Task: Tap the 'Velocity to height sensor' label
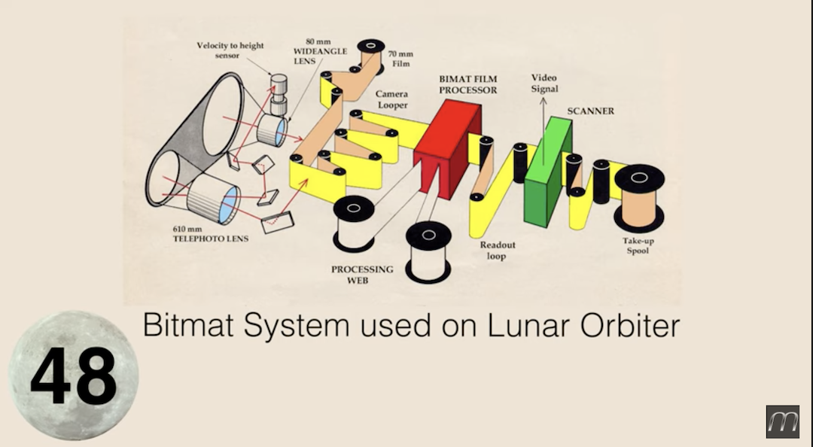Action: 230,50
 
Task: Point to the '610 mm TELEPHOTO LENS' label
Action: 211,234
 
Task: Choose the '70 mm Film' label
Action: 400,59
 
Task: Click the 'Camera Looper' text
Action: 392,99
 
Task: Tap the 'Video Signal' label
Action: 544,83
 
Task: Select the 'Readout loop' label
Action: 498,250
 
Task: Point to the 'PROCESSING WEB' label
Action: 362,275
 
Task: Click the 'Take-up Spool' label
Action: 638,246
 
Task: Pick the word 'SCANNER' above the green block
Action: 591,111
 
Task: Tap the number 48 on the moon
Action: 73,376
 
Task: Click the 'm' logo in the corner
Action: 782,421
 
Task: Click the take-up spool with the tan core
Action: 639,199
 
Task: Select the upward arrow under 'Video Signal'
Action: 544,131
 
